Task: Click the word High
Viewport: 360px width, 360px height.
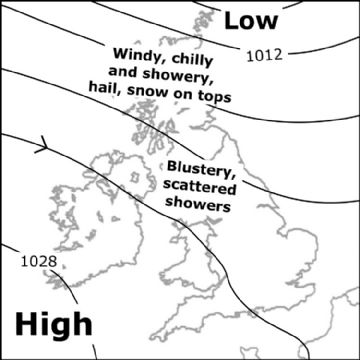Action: [x=53, y=323]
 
